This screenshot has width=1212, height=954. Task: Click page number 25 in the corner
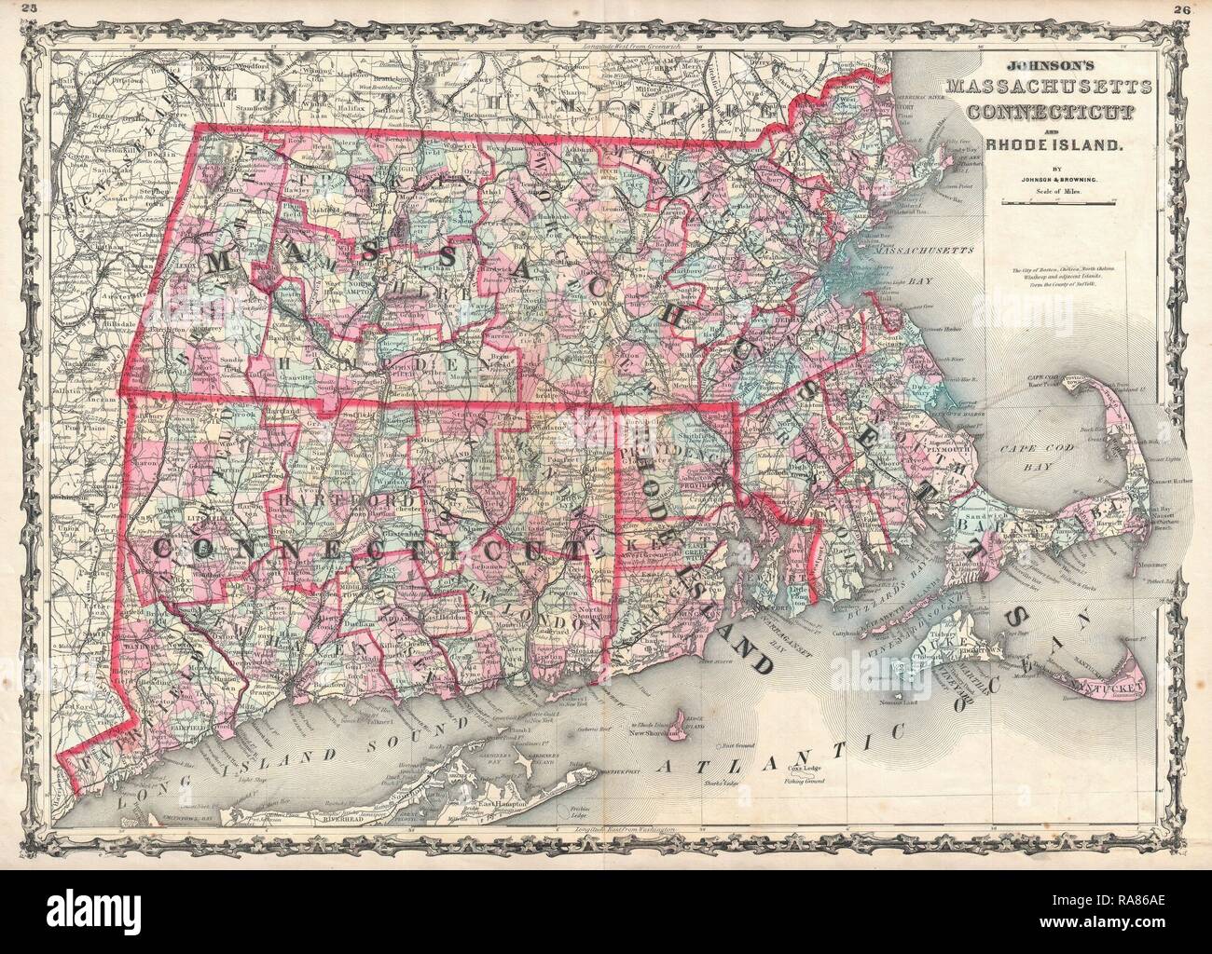pos(12,9)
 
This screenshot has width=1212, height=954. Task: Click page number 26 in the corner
pos(1199,9)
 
